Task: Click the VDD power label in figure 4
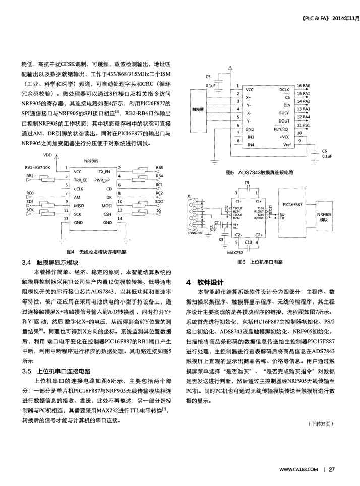tap(47, 155)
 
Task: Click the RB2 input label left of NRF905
tap(30, 175)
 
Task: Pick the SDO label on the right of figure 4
tap(159, 201)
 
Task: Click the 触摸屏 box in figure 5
tap(199, 108)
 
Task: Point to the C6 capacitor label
tap(324, 151)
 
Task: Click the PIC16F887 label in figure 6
tap(293, 205)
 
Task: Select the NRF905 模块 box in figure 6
tap(324, 217)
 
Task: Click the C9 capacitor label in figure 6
tap(246, 183)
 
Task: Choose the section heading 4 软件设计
tap(204, 281)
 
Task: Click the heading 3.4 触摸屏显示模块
tap(50, 262)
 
